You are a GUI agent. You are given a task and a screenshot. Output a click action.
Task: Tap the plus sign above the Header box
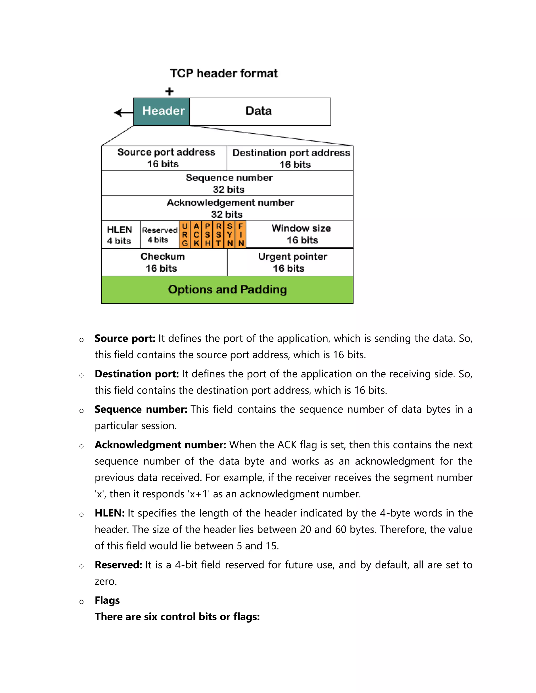pos(170,91)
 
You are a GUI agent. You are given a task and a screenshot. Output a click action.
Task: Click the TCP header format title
pos(224,73)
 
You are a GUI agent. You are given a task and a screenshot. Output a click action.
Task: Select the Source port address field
pos(164,158)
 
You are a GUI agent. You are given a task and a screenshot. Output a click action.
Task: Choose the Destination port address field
pos(290,158)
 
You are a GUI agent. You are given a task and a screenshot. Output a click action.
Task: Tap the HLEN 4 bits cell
pos(120,235)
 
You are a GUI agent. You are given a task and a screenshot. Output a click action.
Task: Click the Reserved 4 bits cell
pos(159,235)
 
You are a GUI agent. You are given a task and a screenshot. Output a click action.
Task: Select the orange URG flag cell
pos(185,235)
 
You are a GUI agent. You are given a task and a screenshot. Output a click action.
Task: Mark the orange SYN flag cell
pos(230,235)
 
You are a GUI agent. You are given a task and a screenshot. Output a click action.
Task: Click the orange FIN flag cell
pos(241,235)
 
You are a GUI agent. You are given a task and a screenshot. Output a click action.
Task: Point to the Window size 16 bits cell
pos(300,234)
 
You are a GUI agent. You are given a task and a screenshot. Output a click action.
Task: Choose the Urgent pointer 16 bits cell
pos(291,262)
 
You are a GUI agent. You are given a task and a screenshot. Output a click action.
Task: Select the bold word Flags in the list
pos(107,600)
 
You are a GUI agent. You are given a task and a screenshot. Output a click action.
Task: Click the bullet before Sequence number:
pos(82,411)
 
